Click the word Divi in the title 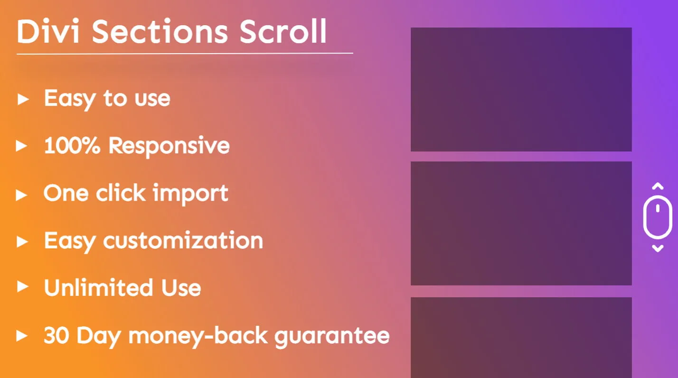click(x=48, y=31)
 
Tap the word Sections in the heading click(x=160, y=31)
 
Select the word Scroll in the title click(x=283, y=31)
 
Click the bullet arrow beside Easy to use click(x=23, y=99)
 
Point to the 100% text click(x=72, y=146)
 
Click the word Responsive click(x=169, y=147)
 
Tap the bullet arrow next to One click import click(x=21, y=195)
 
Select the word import click(x=190, y=194)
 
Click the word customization click(x=183, y=241)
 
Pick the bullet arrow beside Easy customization click(x=22, y=241)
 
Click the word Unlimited click(x=98, y=287)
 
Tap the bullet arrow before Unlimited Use click(x=23, y=286)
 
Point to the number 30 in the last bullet click(x=56, y=335)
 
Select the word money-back click(x=198, y=336)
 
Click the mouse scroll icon click(x=658, y=217)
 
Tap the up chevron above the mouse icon click(x=658, y=186)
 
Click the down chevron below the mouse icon click(x=658, y=248)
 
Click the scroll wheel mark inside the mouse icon click(x=658, y=208)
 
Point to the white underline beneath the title click(x=185, y=54)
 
